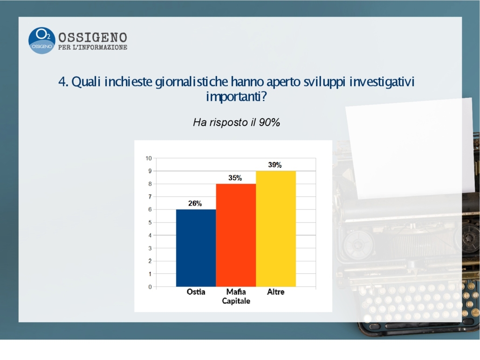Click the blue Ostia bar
pos(196,248)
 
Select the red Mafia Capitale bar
pos(236,235)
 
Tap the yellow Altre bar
pos(276,229)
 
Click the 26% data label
pos(195,203)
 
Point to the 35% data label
pos(235,178)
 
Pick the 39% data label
pos(275,165)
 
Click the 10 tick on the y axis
pos(149,159)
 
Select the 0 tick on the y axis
pos(150,287)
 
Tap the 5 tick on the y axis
pos(150,222)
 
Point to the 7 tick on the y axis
pos(150,197)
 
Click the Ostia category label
pos(196,291)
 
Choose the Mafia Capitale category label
pos(236,296)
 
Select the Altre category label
pos(276,291)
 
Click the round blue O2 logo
pos(42,41)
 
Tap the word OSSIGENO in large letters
pos(93,37)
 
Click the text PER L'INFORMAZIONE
pos(93,48)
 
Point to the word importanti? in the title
pos(236,97)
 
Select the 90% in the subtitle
pos(269,123)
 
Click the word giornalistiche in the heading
pos(192,82)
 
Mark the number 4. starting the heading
pos(63,82)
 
